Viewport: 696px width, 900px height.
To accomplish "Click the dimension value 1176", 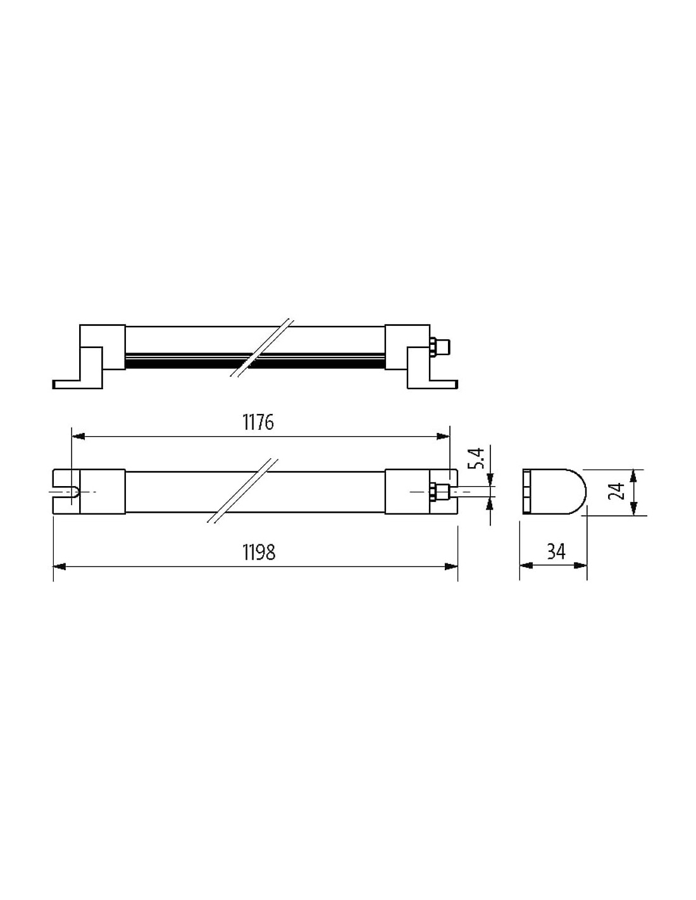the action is [x=258, y=422].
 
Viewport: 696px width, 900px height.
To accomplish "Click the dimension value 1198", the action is [x=259, y=552].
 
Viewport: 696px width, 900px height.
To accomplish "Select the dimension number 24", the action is [x=619, y=491].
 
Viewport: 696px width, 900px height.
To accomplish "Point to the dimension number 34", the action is [x=556, y=552].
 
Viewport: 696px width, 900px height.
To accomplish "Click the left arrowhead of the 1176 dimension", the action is [x=78, y=437].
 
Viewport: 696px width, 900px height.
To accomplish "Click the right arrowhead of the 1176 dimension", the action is [x=443, y=437].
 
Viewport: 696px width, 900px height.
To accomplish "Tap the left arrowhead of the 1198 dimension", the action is [x=59, y=566].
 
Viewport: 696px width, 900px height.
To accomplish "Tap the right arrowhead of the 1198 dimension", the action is [x=451, y=566].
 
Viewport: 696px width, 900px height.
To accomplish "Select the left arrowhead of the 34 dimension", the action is [x=526, y=566].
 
